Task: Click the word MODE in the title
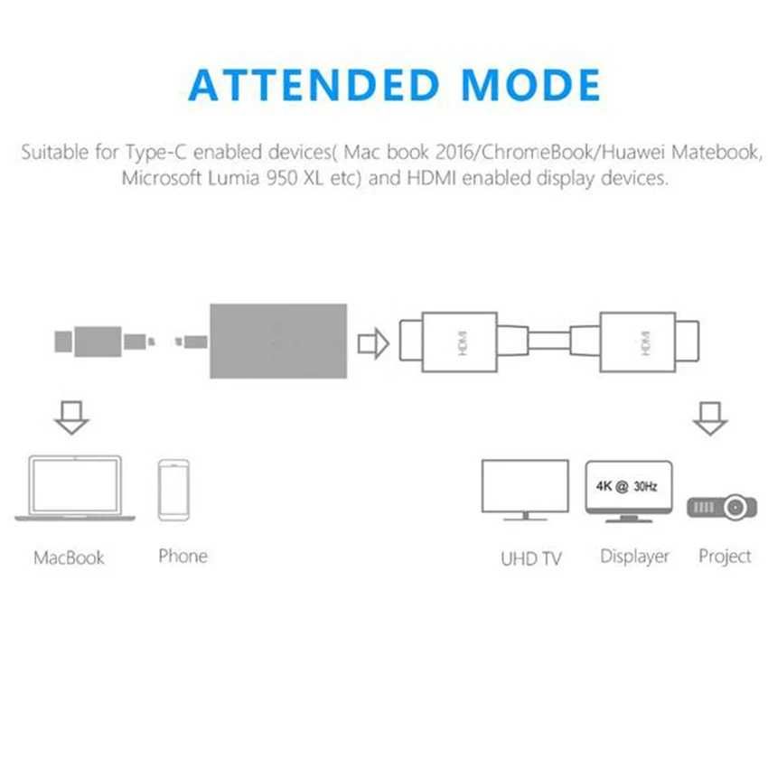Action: pos(531,85)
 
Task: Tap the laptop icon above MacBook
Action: pos(75,489)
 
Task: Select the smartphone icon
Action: pos(173,490)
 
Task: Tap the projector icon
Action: pos(723,507)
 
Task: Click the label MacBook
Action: pos(69,557)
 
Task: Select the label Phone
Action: pos(183,556)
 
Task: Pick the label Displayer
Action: pos(634,557)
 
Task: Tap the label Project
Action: pos(725,557)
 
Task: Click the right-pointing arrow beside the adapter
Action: pos(372,343)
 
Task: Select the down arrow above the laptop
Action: pos(71,417)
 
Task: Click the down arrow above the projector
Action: pos(710,417)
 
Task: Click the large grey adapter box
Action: pos(278,341)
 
